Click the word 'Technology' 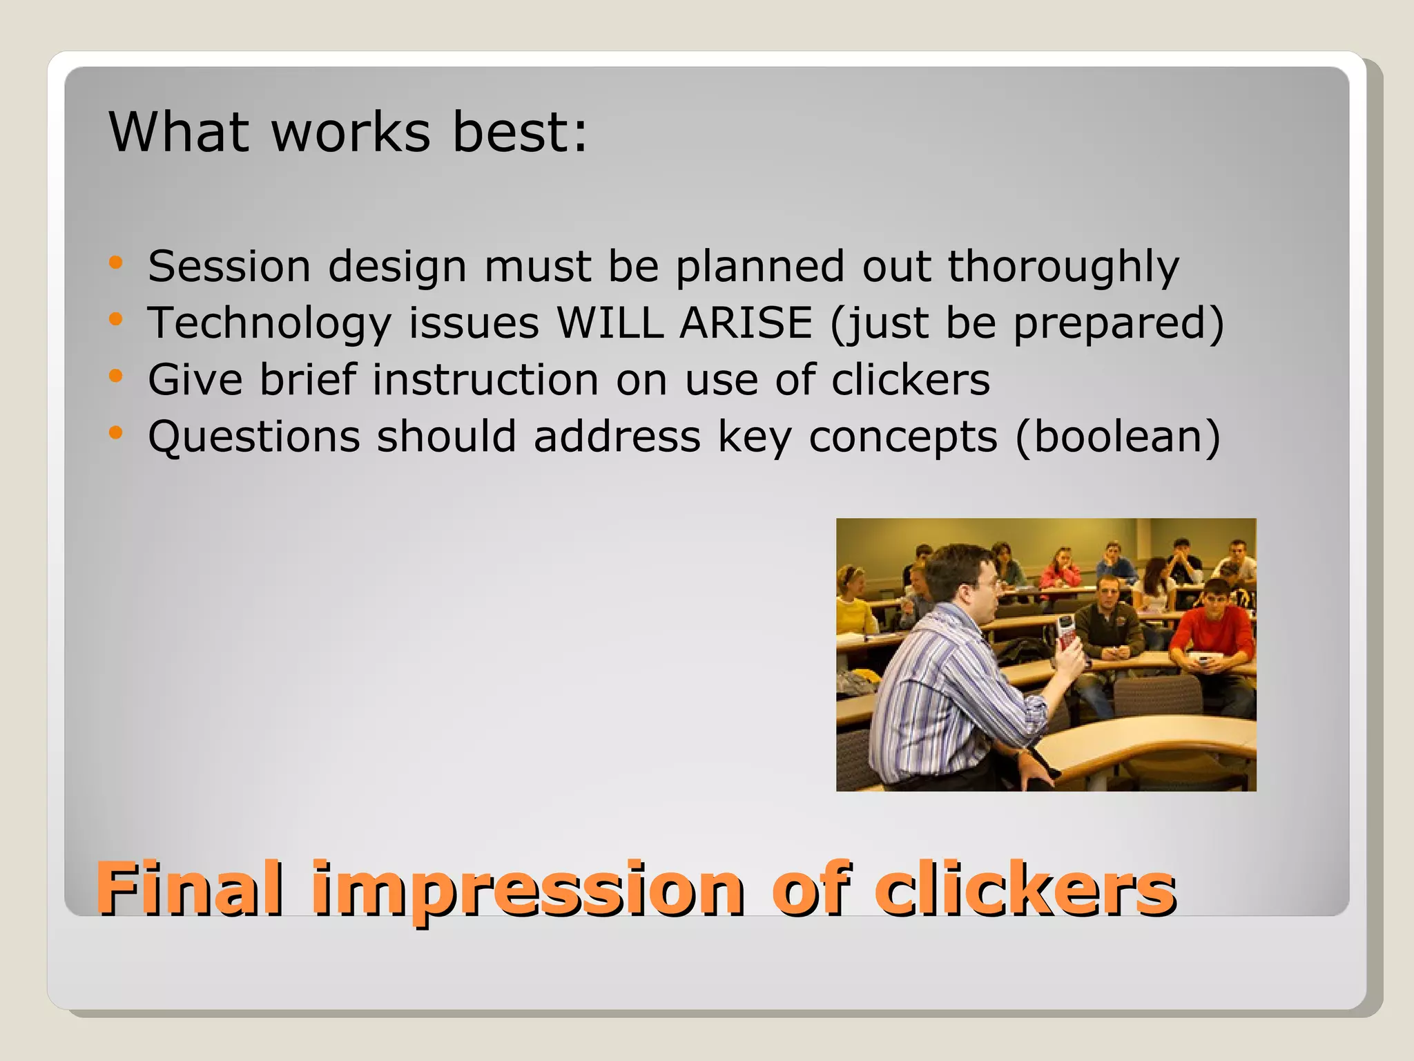click(x=269, y=323)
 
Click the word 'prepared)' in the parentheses click(x=1118, y=323)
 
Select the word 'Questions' click(x=254, y=437)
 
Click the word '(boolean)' click(x=1118, y=437)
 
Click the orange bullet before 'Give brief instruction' click(x=115, y=376)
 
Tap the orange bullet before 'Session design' click(x=115, y=263)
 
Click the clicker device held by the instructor click(x=1067, y=631)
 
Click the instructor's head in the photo click(x=963, y=580)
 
